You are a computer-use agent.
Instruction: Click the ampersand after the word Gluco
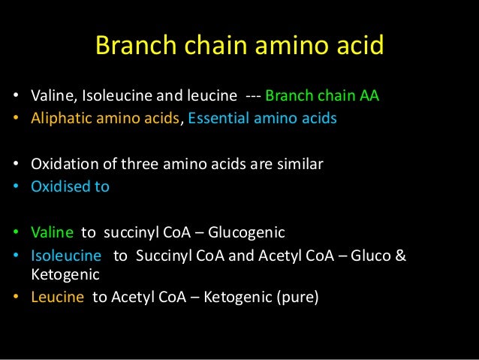pos(400,256)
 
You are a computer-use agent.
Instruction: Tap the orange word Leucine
pos(56,297)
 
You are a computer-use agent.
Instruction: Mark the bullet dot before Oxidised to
pos(16,187)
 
